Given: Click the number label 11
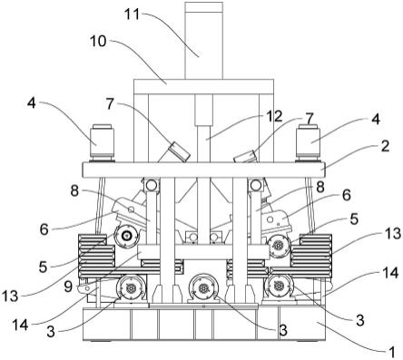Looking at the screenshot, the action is [133, 15].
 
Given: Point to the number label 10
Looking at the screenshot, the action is [98, 41].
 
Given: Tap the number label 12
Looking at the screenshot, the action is [274, 116].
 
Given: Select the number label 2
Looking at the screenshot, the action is [385, 146].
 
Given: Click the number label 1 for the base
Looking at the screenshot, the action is [391, 352].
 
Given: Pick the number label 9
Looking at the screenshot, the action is [68, 287].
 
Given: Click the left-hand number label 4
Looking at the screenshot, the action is [31, 103].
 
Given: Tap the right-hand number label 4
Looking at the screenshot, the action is [375, 120].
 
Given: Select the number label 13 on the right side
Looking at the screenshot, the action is [393, 233].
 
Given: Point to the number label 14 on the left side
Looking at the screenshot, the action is [20, 326].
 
